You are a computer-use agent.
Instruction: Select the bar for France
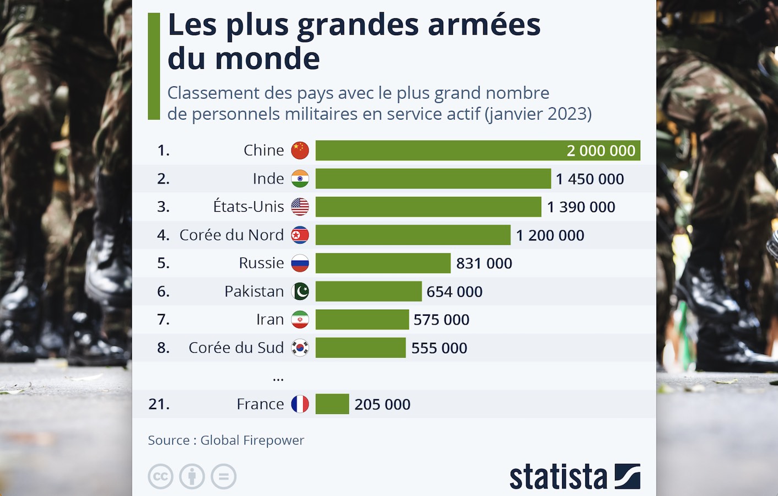click(332, 404)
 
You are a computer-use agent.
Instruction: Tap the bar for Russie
click(383, 263)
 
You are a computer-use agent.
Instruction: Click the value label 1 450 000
click(590, 179)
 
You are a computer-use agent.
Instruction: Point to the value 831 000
click(484, 263)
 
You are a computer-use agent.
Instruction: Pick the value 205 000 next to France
click(382, 405)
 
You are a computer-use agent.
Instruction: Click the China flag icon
click(300, 150)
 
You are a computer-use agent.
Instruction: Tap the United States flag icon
click(300, 207)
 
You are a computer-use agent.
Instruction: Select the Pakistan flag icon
click(300, 292)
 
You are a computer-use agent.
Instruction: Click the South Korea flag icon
click(300, 348)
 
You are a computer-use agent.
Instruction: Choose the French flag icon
click(300, 404)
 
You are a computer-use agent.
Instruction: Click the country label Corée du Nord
click(231, 235)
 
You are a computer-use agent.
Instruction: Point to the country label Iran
click(270, 320)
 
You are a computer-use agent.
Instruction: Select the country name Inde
click(268, 179)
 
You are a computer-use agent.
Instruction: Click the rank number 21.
click(159, 404)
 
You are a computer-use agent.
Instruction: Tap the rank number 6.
click(163, 292)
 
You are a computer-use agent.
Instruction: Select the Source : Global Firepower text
click(226, 440)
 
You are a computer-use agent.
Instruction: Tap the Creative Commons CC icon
click(160, 477)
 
